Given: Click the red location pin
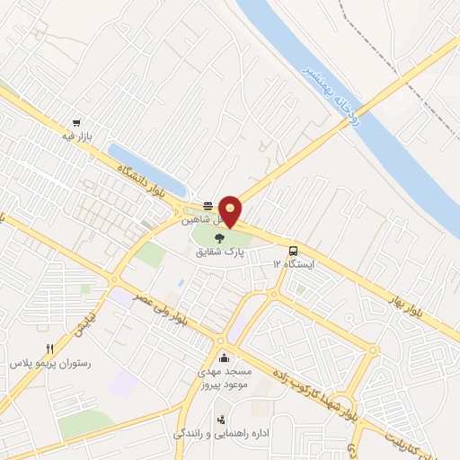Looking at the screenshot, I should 232,211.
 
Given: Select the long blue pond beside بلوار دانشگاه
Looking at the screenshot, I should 146,169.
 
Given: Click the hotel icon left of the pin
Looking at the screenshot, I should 207,204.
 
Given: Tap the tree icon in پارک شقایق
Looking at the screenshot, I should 220,238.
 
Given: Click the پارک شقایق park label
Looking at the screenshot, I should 220,252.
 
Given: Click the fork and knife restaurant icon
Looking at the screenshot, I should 50,349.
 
